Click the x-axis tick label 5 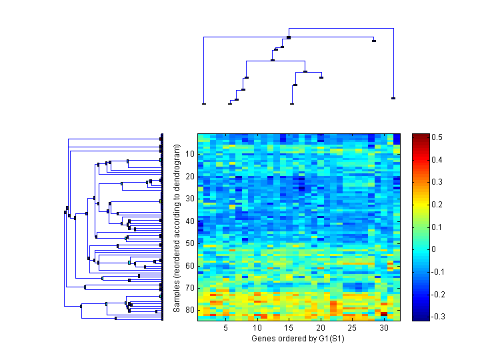point(226,329)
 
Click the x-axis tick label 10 point(257,329)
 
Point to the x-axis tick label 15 point(289,329)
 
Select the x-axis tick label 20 point(321,329)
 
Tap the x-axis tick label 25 point(353,329)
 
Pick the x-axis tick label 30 point(384,329)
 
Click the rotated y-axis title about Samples point(177,227)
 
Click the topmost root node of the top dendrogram point(289,37)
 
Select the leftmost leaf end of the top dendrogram point(203,103)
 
